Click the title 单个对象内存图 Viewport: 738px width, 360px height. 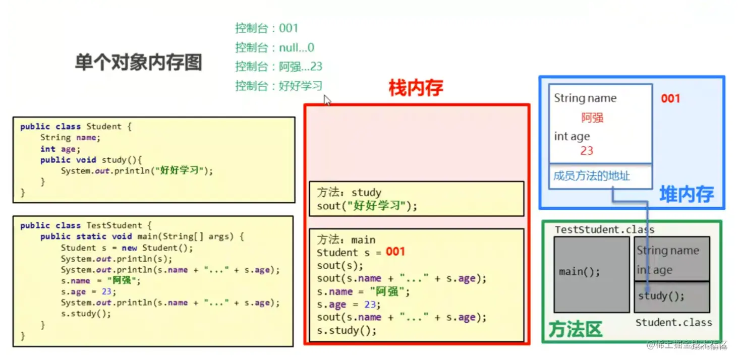[x=138, y=63]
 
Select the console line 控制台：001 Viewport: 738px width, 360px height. [x=266, y=28]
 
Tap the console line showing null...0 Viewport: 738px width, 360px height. [x=274, y=47]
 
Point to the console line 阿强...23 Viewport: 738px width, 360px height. [x=278, y=67]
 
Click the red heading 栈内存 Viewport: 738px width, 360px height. [x=416, y=88]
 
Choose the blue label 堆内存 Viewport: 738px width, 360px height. [x=687, y=194]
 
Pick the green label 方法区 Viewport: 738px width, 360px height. [x=576, y=330]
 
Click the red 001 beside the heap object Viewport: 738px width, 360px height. [x=670, y=98]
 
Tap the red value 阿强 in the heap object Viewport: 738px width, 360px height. [x=592, y=118]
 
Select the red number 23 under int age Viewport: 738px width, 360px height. [x=587, y=151]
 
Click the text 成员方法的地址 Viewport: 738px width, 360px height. [x=592, y=176]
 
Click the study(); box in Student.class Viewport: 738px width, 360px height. [x=671, y=296]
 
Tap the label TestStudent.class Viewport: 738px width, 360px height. [x=604, y=230]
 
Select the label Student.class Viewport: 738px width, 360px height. [x=673, y=323]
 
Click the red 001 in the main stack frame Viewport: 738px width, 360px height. [x=395, y=252]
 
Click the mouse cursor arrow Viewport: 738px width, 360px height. [x=327, y=100]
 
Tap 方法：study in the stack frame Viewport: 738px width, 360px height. [x=349, y=193]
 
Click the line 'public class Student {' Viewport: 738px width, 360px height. [x=76, y=127]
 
